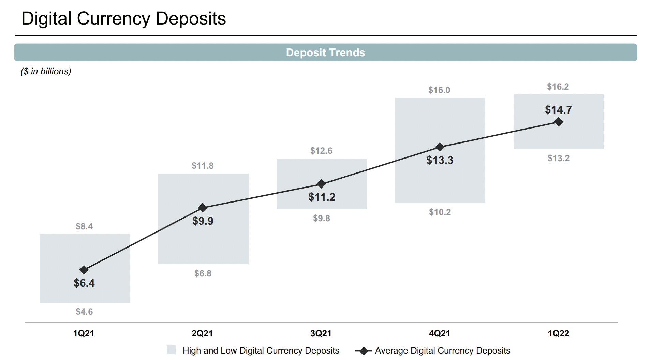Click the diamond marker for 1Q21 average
(x=84, y=270)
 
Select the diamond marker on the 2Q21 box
(x=203, y=207)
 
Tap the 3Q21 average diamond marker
(x=321, y=184)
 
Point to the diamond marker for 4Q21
(x=440, y=147)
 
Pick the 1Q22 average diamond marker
(x=559, y=122)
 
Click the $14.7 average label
(x=558, y=110)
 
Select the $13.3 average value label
(x=440, y=160)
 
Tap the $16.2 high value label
(x=558, y=87)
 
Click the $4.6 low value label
(x=84, y=312)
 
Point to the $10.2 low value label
(x=440, y=212)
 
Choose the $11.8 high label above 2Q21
(x=203, y=166)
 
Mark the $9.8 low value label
(x=321, y=218)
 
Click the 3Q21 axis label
(x=321, y=333)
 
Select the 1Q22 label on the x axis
(x=558, y=333)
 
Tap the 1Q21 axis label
(x=84, y=333)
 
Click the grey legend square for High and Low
(x=171, y=350)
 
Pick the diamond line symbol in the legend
(x=364, y=351)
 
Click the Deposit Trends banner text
(x=325, y=52)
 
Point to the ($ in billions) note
(x=46, y=71)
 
